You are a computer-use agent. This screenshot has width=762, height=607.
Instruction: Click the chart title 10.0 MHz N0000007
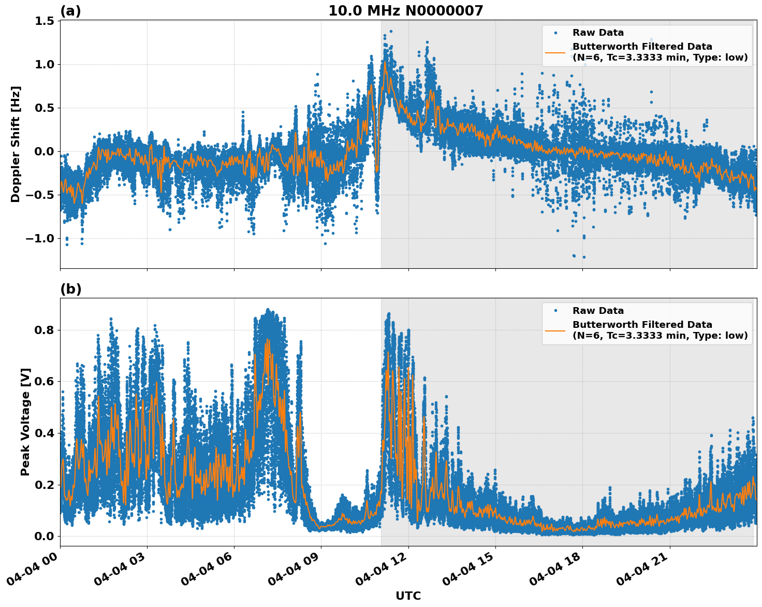click(x=405, y=11)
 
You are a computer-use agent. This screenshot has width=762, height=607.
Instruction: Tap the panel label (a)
click(x=70, y=11)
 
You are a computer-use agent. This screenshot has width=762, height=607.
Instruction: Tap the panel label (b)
click(x=70, y=289)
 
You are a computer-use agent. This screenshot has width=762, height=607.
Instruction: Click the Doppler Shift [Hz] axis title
click(x=16, y=144)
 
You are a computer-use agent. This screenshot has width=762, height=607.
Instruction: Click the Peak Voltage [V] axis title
click(x=25, y=422)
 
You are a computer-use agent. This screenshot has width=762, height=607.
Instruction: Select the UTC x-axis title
click(x=408, y=596)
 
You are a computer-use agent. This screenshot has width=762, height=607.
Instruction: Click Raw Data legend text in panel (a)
click(x=598, y=33)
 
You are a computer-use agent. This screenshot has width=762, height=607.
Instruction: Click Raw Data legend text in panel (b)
click(x=598, y=311)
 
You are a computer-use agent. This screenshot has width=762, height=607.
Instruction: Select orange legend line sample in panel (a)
click(x=555, y=52)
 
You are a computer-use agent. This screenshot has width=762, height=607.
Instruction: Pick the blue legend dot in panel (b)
click(x=555, y=311)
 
